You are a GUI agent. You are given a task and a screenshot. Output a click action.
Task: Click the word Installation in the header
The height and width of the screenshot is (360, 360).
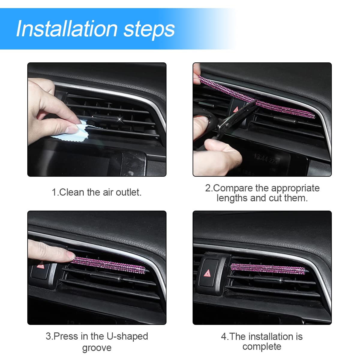point(67,29)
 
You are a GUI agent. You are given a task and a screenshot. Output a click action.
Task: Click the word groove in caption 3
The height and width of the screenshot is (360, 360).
point(97,348)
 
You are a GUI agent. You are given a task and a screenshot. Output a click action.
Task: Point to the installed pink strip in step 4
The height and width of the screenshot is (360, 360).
point(267,268)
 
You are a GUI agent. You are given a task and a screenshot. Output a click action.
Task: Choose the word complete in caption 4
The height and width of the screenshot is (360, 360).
point(262,346)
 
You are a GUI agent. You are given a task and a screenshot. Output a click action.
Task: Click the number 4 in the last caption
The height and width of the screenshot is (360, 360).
point(224,337)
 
